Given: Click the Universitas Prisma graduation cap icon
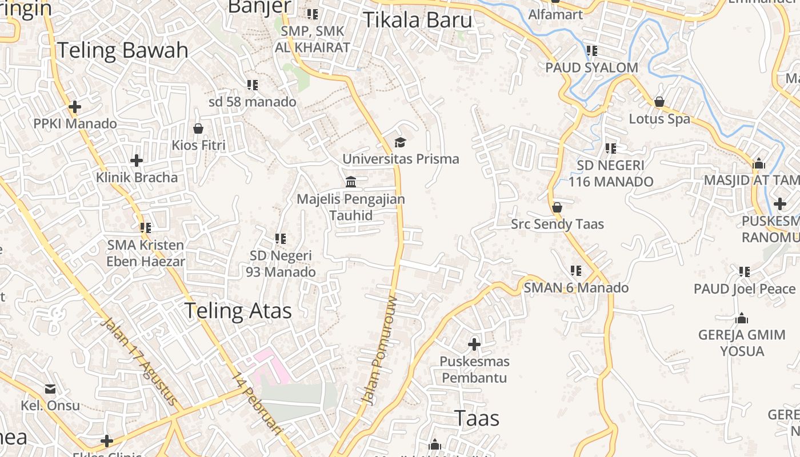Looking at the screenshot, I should (400, 142).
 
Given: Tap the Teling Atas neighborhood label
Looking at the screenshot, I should (238, 311).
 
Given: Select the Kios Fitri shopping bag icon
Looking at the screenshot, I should (198, 129).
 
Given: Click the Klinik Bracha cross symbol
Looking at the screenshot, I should (137, 161).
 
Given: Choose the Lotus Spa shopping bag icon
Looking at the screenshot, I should (659, 102).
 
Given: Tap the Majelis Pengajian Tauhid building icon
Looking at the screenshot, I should (351, 182).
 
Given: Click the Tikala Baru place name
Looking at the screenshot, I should (418, 20).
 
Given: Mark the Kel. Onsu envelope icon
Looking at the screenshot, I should (50, 389).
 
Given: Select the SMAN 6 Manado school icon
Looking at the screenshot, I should (576, 271).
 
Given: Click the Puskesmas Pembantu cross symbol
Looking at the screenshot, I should (474, 344).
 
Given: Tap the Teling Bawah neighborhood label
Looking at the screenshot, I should (122, 50).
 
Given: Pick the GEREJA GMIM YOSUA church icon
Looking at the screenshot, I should (742, 318).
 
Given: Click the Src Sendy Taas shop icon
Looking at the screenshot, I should (557, 207).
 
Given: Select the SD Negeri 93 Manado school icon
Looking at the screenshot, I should (280, 239).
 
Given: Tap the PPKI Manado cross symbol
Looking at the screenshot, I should (74, 107).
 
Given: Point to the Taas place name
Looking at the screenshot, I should (477, 418).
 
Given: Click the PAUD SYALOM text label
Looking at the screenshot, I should (591, 67).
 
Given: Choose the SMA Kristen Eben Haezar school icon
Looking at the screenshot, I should (146, 228).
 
